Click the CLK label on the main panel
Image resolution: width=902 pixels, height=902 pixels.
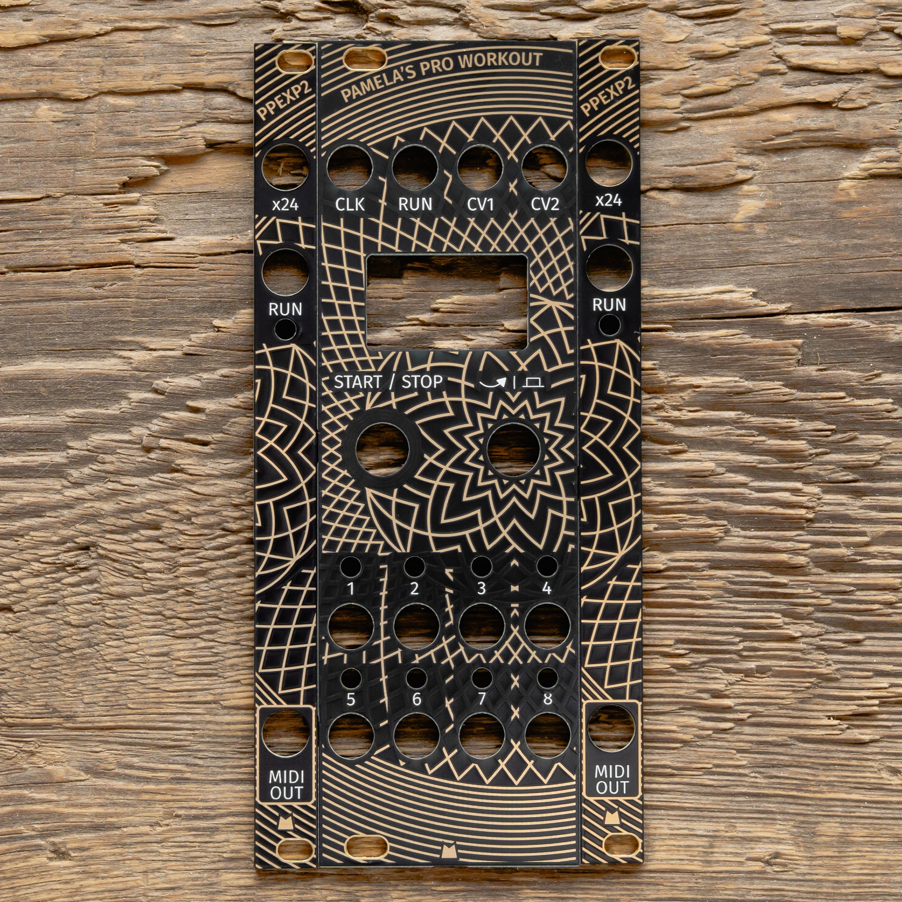click(349, 204)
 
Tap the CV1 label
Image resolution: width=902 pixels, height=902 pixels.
click(480, 204)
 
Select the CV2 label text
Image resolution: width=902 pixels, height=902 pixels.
click(545, 204)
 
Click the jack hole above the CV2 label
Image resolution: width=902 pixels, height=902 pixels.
click(544, 168)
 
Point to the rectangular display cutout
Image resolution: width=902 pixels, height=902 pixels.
click(447, 302)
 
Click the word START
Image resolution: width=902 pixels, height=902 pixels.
click(358, 382)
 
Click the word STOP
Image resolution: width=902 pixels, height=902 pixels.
click(422, 382)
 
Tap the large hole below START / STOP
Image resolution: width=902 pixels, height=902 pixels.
click(382, 450)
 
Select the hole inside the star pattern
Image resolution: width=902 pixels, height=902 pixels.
click(514, 450)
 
